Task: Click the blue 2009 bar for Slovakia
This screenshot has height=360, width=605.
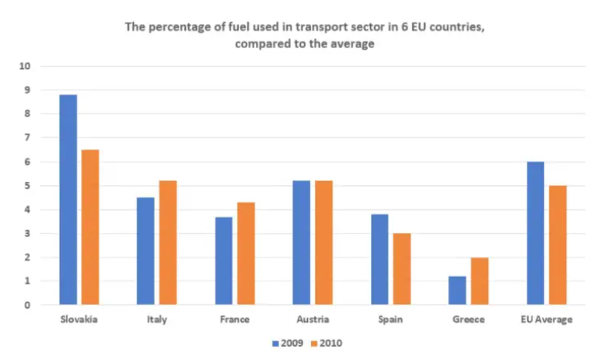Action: (68, 200)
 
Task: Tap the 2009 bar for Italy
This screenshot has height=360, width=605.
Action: (145, 251)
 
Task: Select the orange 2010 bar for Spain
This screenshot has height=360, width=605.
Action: (401, 269)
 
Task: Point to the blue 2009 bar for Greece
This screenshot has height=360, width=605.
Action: (457, 290)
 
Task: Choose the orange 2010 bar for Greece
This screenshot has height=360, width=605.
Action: (479, 281)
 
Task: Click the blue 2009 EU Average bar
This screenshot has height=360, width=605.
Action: (535, 233)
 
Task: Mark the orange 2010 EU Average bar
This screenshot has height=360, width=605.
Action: (557, 245)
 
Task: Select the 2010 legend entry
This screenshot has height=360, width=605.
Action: (326, 342)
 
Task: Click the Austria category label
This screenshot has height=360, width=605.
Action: (312, 320)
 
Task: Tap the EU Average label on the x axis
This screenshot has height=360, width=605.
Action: (546, 320)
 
